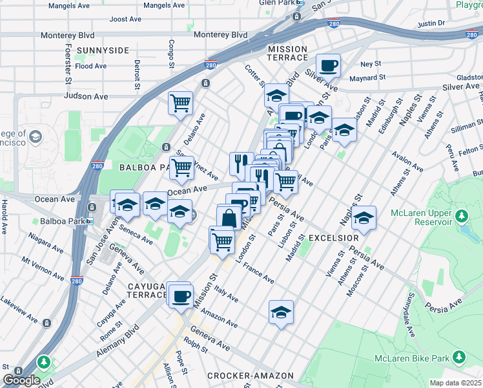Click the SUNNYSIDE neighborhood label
click(103, 50)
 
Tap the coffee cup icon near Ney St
click(328, 65)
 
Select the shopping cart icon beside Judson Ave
click(181, 102)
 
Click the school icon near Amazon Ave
click(281, 312)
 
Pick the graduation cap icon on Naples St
click(364, 217)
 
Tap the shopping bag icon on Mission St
click(229, 217)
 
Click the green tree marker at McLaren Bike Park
click(459, 357)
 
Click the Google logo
click(21, 380)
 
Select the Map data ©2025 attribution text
click(455, 382)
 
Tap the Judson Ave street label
click(86, 96)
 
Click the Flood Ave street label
click(90, 66)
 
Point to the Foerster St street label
click(67, 63)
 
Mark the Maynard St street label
click(364, 78)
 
